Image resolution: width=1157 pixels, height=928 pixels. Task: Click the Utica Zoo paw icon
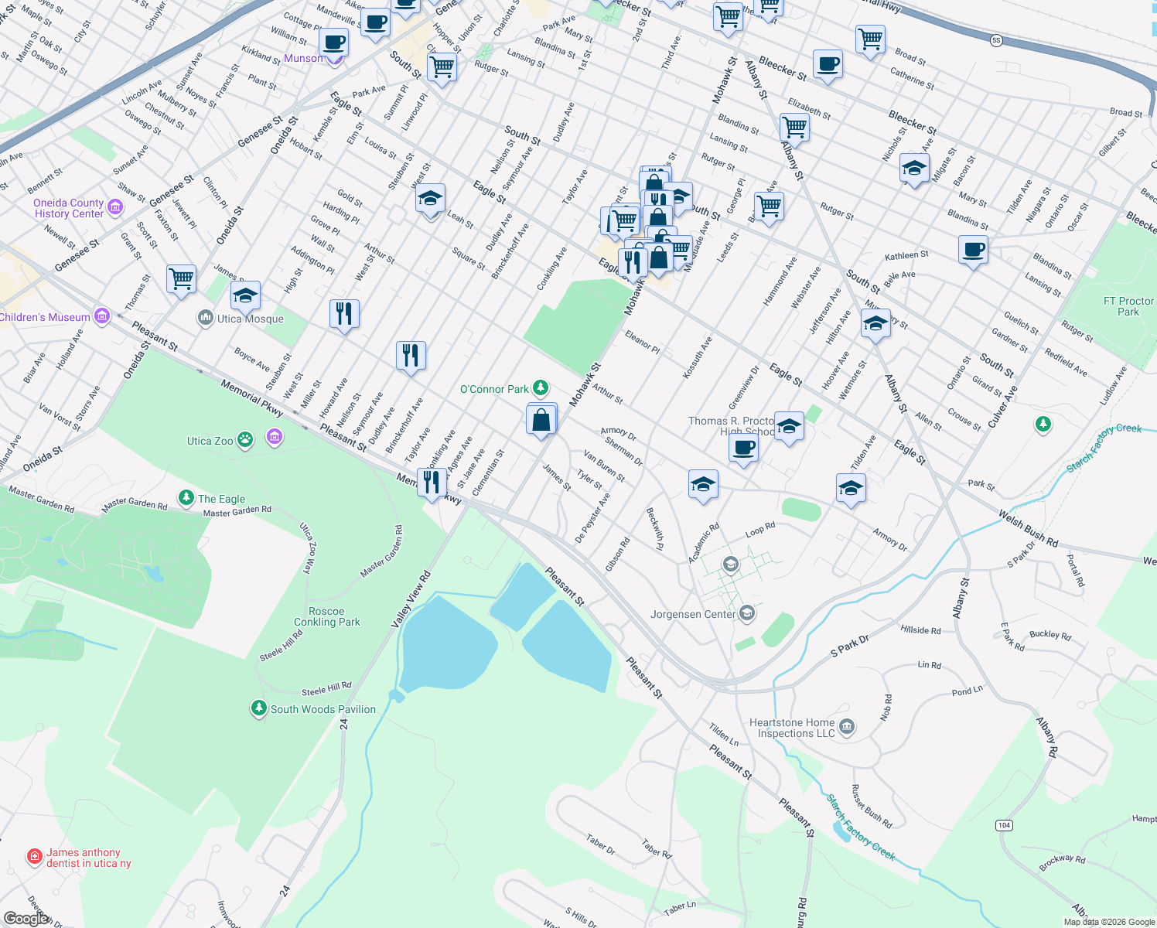coord(245,440)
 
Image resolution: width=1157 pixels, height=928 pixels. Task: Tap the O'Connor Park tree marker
coord(541,388)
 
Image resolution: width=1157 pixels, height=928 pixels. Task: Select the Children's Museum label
coord(45,317)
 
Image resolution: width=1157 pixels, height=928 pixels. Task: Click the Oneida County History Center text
coord(69,208)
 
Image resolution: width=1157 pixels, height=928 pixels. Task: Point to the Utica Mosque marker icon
coord(205,318)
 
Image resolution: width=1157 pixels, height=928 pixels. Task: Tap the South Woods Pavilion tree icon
coord(258,708)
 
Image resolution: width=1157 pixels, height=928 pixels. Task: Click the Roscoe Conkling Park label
coord(326,616)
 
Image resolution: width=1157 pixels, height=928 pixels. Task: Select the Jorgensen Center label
coord(693,614)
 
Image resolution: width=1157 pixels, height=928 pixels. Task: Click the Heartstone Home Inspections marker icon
coord(846,726)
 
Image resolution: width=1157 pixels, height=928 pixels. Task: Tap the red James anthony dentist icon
coord(34,857)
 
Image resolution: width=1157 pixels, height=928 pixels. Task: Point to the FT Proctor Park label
coord(1128,306)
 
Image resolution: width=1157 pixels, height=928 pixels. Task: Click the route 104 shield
coord(1004,825)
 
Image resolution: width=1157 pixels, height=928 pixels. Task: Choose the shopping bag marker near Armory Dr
coord(541,421)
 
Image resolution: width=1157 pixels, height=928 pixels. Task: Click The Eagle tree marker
coord(186,497)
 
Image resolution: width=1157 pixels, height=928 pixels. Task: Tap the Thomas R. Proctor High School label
coord(731,426)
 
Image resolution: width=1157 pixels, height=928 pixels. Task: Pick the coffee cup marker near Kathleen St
coord(973,251)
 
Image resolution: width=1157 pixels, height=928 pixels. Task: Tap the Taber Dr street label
coord(600,844)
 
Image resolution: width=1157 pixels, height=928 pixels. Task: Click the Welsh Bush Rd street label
coord(1028,529)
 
